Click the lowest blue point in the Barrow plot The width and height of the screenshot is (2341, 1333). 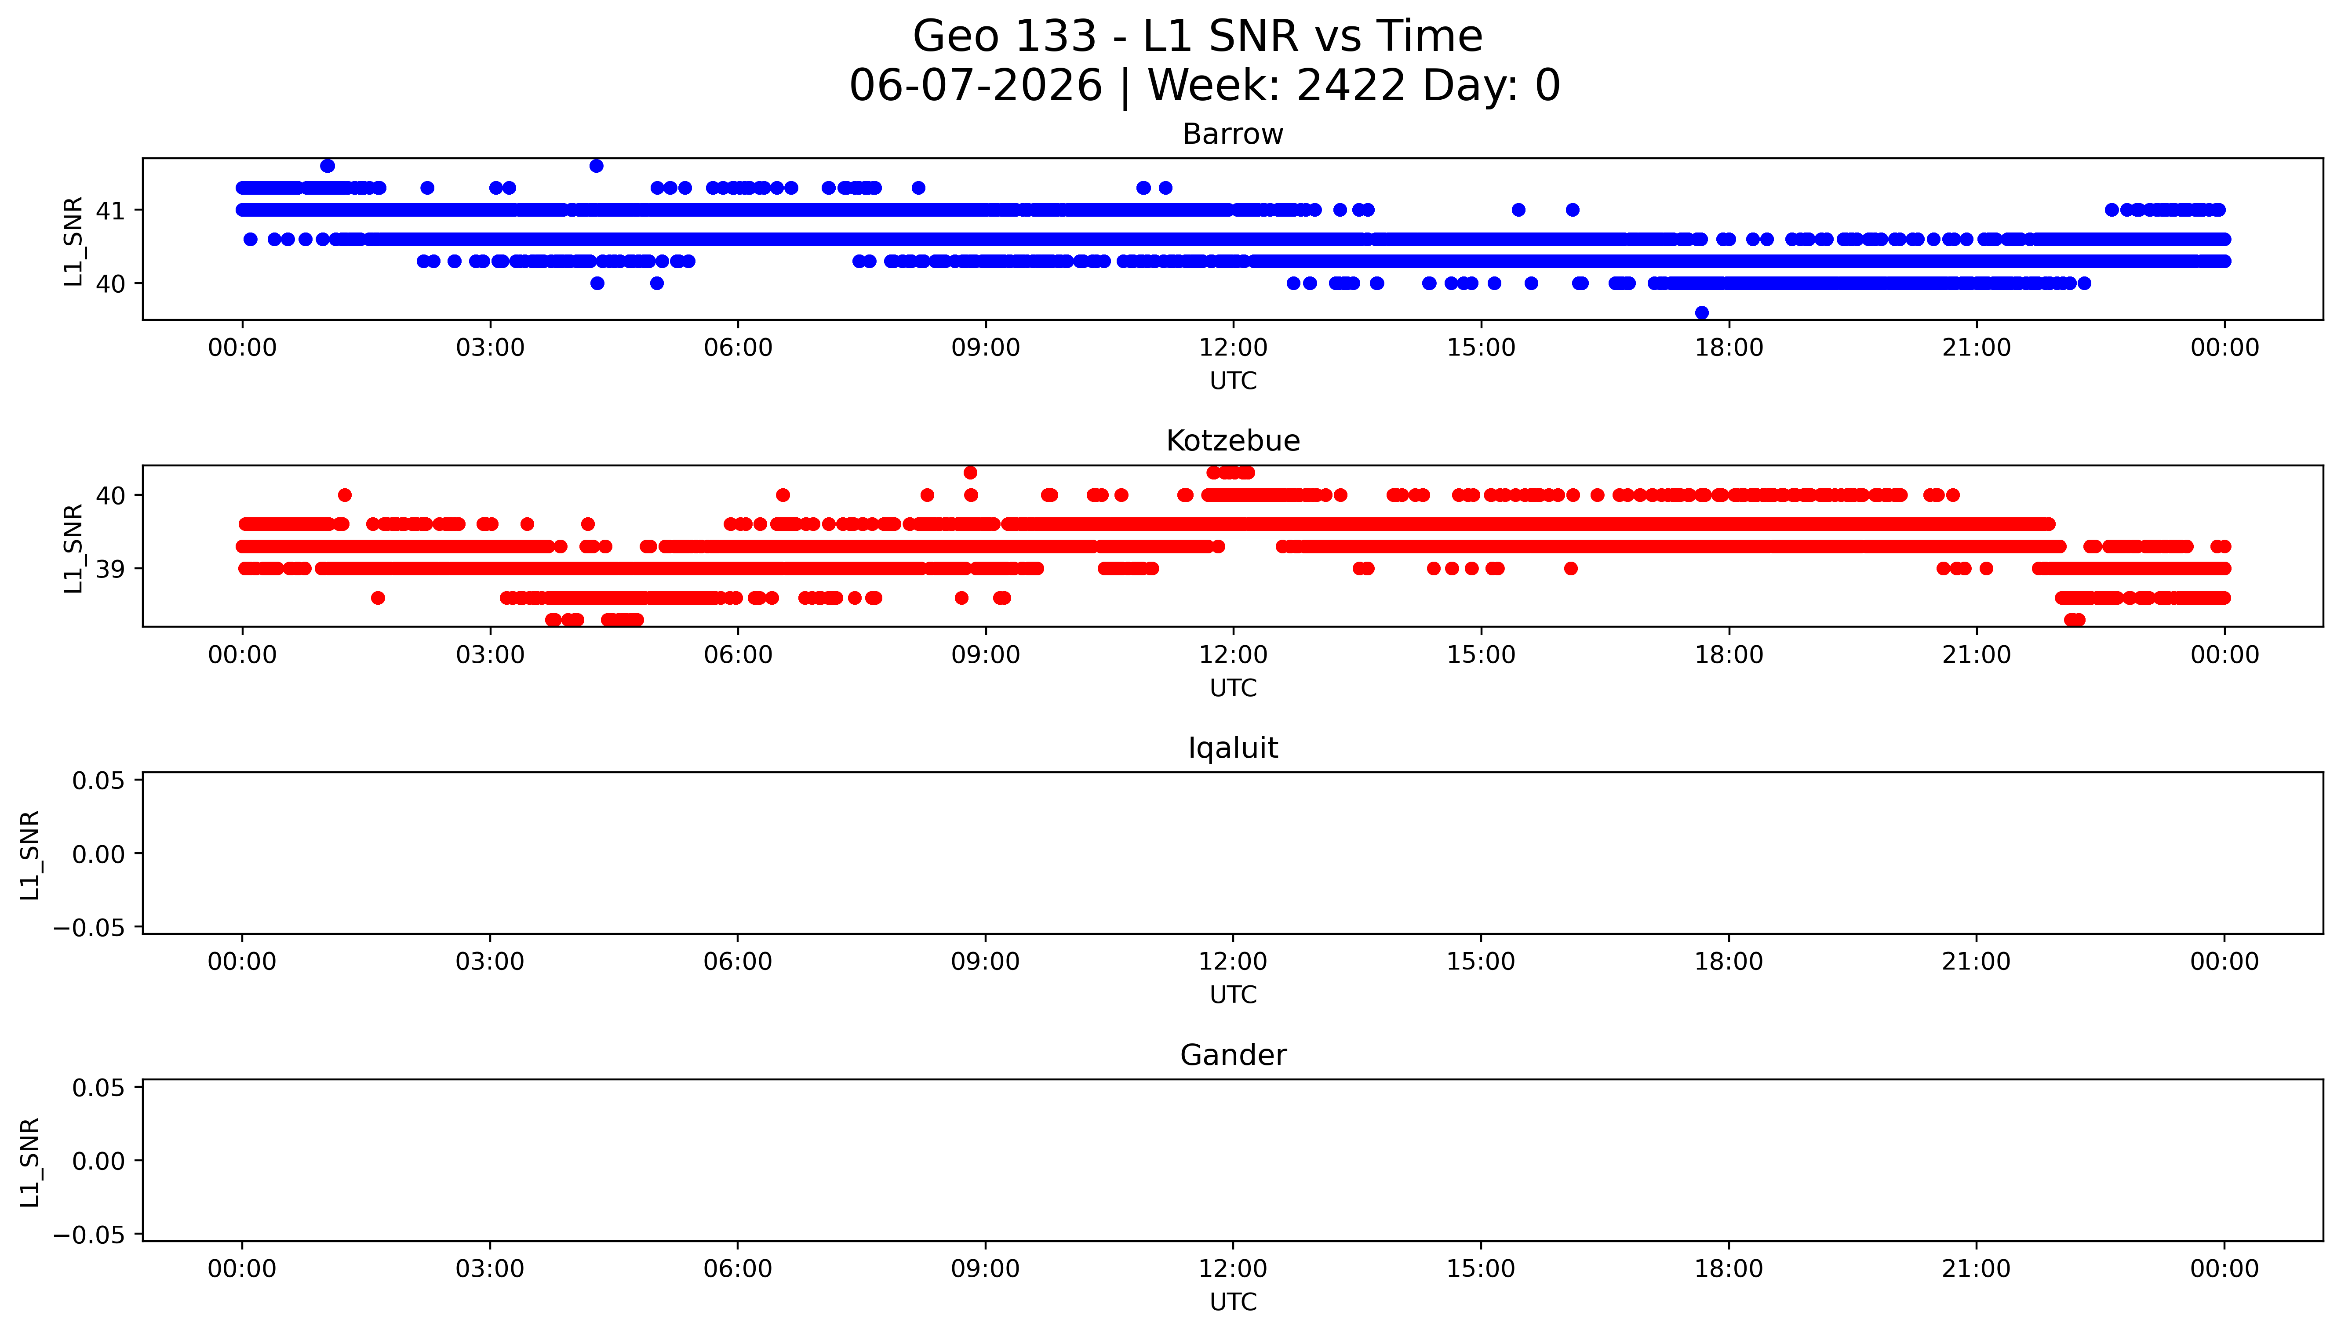(1702, 312)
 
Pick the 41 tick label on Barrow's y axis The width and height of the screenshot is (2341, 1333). (111, 211)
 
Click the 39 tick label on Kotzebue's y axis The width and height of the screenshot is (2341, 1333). (111, 569)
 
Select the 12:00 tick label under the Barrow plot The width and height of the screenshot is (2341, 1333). (1233, 348)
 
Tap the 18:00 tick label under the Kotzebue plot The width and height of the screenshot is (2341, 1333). (1729, 654)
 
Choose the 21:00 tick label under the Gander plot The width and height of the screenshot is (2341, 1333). (1977, 1269)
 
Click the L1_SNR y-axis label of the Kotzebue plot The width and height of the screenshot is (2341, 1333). (73, 548)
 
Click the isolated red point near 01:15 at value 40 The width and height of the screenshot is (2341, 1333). (344, 495)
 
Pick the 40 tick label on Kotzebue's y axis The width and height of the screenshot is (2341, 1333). (111, 495)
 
